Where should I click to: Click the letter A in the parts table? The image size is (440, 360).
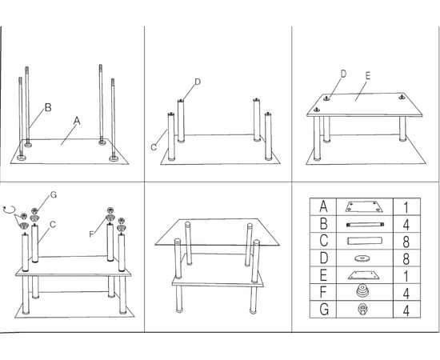pyautogui.click(x=323, y=206)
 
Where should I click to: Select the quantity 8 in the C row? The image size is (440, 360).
pyautogui.click(x=406, y=242)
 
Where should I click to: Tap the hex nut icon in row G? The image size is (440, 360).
pyautogui.click(x=362, y=310)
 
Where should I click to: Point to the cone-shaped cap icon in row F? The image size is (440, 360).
pyautogui.click(x=363, y=290)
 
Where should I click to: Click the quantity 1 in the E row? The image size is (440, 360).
pyautogui.click(x=406, y=276)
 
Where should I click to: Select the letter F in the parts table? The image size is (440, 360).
pyautogui.click(x=323, y=292)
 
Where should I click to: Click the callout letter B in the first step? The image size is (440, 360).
pyautogui.click(x=48, y=107)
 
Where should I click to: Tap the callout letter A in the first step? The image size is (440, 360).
pyautogui.click(x=77, y=121)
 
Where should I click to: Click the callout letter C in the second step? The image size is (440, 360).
pyautogui.click(x=154, y=147)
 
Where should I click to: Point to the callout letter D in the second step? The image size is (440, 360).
pyautogui.click(x=198, y=82)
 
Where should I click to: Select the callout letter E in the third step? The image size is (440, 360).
pyautogui.click(x=368, y=76)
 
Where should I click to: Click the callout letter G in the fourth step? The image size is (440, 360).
pyautogui.click(x=54, y=194)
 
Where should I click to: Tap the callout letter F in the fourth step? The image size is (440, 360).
pyautogui.click(x=91, y=234)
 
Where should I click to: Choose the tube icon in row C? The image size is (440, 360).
pyautogui.click(x=365, y=241)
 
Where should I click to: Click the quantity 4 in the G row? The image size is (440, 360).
pyautogui.click(x=406, y=310)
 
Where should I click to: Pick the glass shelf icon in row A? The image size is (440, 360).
pyautogui.click(x=364, y=206)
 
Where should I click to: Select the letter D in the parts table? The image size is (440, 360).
pyautogui.click(x=323, y=258)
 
